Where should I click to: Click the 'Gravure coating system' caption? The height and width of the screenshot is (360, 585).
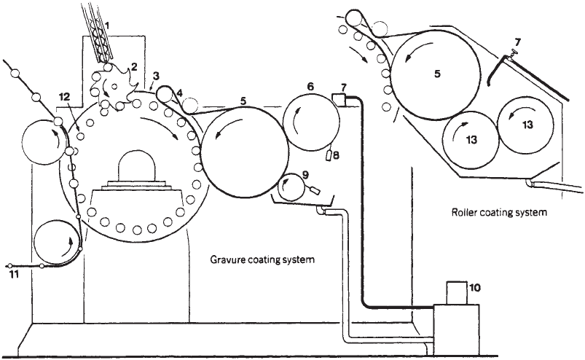click(x=262, y=259)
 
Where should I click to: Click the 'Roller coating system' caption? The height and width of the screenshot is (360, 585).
click(x=499, y=212)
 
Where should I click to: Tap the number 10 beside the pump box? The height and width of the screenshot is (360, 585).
click(x=475, y=288)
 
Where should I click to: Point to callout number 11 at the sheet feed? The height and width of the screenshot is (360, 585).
click(x=14, y=275)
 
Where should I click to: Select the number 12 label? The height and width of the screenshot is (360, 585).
click(x=63, y=97)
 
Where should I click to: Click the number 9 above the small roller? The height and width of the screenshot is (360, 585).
click(x=305, y=174)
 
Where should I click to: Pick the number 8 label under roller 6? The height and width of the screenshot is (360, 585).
click(x=336, y=155)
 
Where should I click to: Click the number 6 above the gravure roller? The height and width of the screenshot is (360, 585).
click(x=310, y=87)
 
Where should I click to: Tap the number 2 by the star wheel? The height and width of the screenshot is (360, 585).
click(x=133, y=67)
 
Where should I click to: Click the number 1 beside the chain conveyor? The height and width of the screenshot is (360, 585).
click(x=107, y=26)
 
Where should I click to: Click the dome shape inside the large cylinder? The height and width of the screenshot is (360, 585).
click(x=137, y=165)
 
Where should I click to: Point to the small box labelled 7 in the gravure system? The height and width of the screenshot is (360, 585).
click(x=338, y=100)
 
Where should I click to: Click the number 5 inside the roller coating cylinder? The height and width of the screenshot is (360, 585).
click(x=437, y=74)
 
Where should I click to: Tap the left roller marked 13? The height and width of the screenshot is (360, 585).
click(x=471, y=140)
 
